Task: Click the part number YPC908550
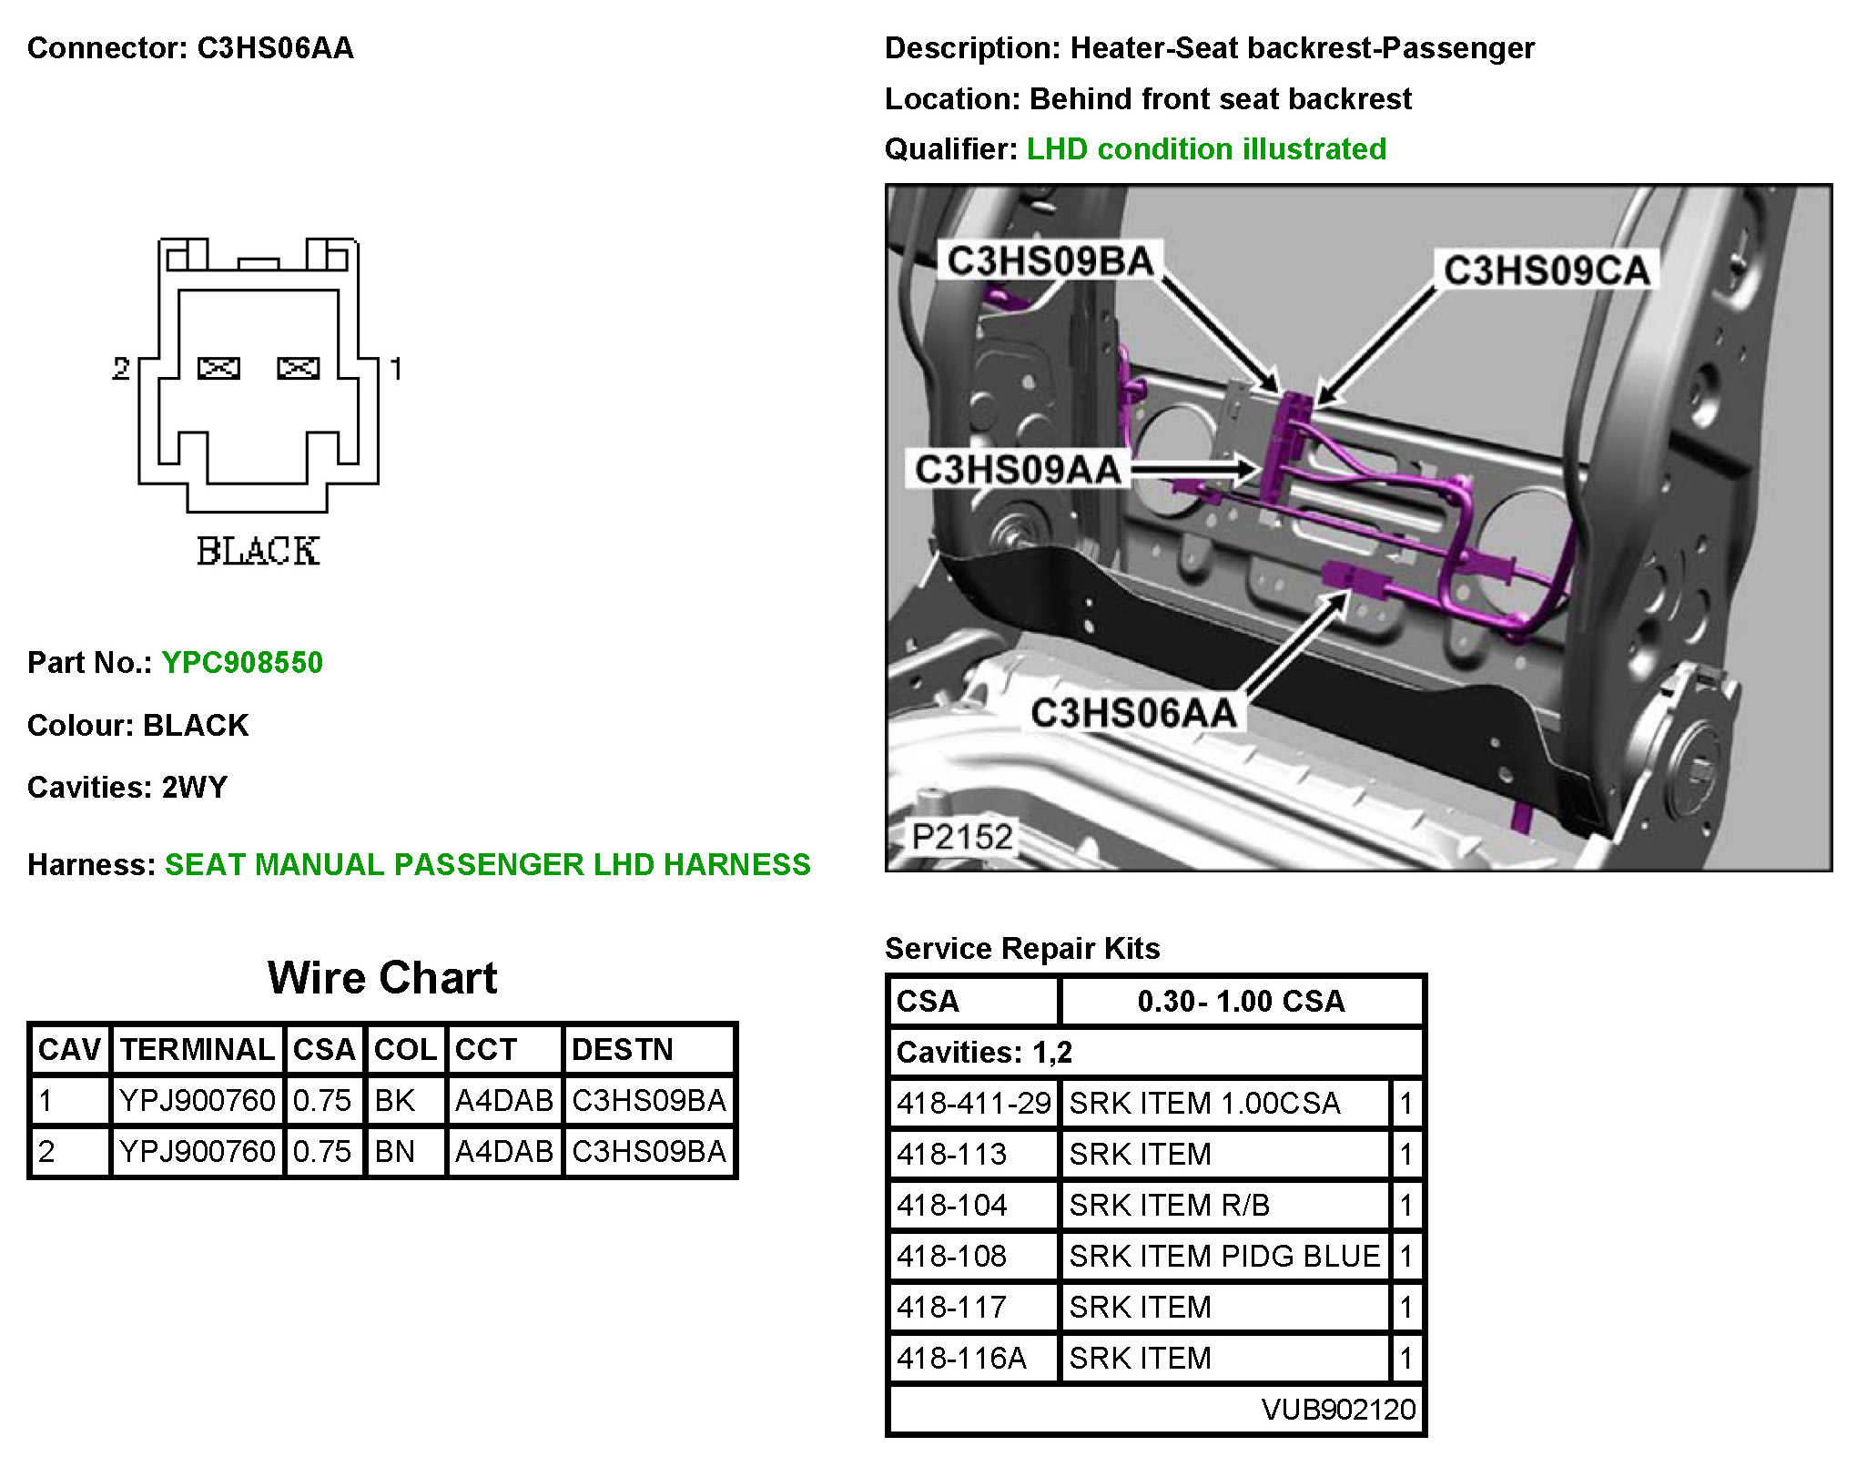pos(242,662)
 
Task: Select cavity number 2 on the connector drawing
pos(121,369)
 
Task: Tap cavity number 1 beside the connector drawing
pos(395,369)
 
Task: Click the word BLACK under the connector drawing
pos(258,551)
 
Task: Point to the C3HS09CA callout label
pos(1546,270)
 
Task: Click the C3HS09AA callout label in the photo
pos(1017,470)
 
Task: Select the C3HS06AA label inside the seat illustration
pos(1133,713)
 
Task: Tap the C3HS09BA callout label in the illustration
pos(1050,261)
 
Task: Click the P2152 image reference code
pos(961,837)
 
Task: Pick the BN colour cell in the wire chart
pos(395,1152)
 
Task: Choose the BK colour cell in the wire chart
pos(395,1101)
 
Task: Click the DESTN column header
pos(623,1050)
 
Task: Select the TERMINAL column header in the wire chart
pos(198,1050)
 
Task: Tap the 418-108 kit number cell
pos(952,1257)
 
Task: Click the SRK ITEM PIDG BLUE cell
pos(1224,1257)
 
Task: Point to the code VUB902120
pos(1338,1410)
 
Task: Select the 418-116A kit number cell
pos(961,1359)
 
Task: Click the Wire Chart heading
pos(382,978)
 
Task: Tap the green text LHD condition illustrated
pos(1206,148)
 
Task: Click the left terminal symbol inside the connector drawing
pos(218,368)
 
